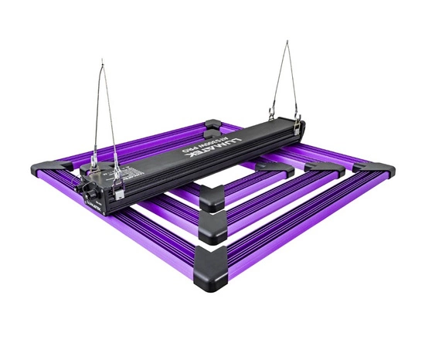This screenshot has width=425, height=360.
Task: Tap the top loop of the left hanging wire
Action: tap(103, 63)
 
